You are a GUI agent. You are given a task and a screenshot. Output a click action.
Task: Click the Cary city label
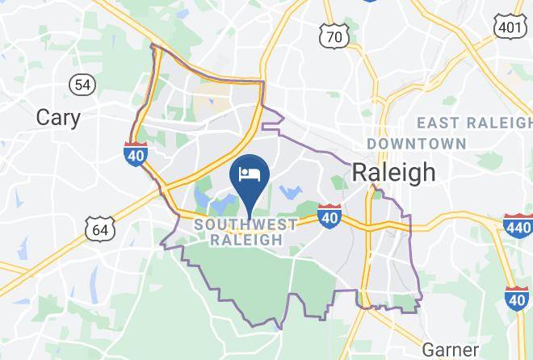pos(59,118)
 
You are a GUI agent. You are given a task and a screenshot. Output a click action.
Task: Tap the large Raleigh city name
pos(393,172)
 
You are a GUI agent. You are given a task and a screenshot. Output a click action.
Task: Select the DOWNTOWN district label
pos(417,144)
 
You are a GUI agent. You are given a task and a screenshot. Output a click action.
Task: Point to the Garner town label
pos(451,350)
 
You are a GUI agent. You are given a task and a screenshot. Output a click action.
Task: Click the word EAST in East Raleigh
pos(442,123)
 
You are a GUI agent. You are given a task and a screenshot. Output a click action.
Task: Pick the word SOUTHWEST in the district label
pos(246,224)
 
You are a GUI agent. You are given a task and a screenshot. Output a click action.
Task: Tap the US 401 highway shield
pos(510,27)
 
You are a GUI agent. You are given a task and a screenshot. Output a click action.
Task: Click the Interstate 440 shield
pos(517,224)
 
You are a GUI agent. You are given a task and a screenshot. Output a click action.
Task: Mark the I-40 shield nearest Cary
pos(136,153)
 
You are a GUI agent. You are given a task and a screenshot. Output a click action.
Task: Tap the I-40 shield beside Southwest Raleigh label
pos(329,216)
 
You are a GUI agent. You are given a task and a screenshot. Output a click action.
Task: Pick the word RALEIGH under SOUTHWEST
pos(246,240)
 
